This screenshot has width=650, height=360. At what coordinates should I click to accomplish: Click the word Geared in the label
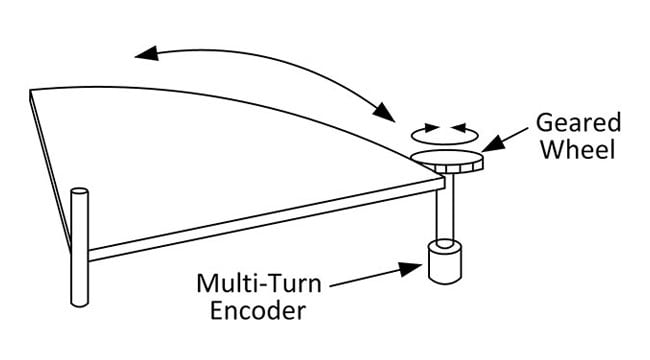pyautogui.click(x=578, y=123)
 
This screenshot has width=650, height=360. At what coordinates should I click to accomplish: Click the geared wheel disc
pyautogui.click(x=447, y=159)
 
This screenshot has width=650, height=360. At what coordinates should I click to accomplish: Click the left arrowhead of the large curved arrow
pyautogui.click(x=146, y=52)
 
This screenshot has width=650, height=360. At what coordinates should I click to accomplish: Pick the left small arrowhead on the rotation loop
pyautogui.click(x=430, y=129)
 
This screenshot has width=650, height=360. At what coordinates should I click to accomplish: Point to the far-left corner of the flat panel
pyautogui.click(x=33, y=91)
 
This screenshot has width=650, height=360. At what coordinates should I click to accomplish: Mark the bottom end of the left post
pyautogui.click(x=78, y=302)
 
